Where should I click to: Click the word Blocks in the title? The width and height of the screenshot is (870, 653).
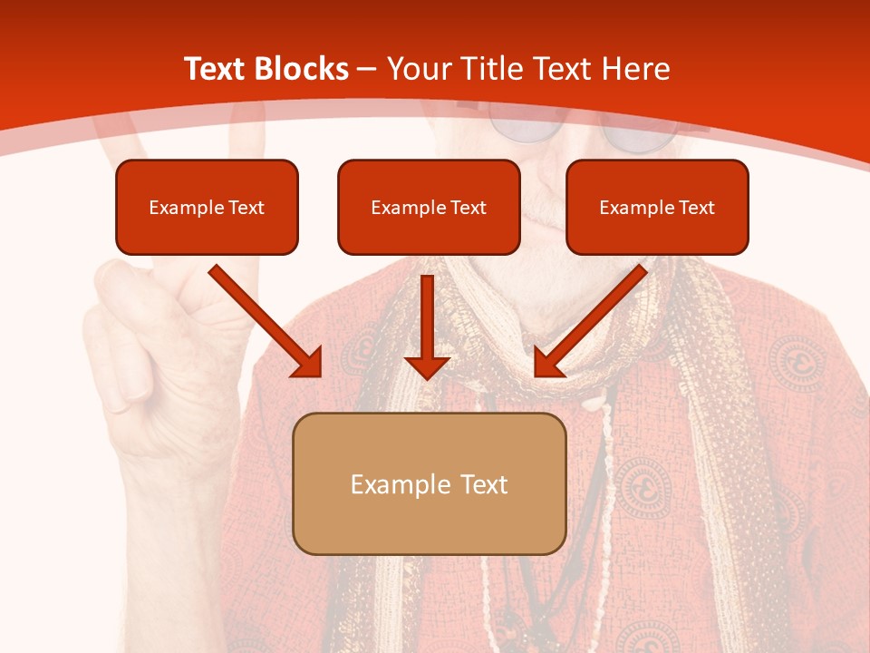tap(304, 69)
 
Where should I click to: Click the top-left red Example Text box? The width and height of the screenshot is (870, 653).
tap(207, 207)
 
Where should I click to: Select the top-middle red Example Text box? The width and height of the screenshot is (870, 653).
tap(429, 207)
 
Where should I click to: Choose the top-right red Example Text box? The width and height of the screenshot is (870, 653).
tap(657, 207)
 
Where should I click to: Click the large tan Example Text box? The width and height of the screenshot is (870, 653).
tap(429, 483)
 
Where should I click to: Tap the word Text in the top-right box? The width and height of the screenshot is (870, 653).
tap(696, 207)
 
